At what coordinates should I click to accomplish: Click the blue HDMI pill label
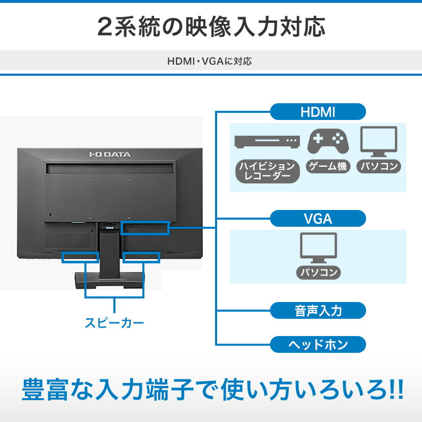click(318, 112)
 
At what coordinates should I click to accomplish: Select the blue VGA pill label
click(318, 219)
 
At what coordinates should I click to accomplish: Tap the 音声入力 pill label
click(318, 311)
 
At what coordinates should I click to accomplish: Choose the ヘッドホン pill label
click(318, 345)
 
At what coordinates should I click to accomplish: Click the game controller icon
click(328, 141)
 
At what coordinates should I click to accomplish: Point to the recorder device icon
click(267, 141)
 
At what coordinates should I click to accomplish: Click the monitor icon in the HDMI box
click(379, 141)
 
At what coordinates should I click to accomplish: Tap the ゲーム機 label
click(328, 166)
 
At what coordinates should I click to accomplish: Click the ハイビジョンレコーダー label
click(267, 171)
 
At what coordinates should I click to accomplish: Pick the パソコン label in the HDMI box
click(379, 166)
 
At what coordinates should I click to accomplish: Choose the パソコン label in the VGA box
click(319, 273)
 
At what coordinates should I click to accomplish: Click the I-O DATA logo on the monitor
click(110, 154)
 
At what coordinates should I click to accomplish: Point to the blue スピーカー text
click(114, 323)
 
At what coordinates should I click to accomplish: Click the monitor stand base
click(110, 280)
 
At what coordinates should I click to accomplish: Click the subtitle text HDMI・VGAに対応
click(209, 62)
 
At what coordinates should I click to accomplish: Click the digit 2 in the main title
click(104, 27)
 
